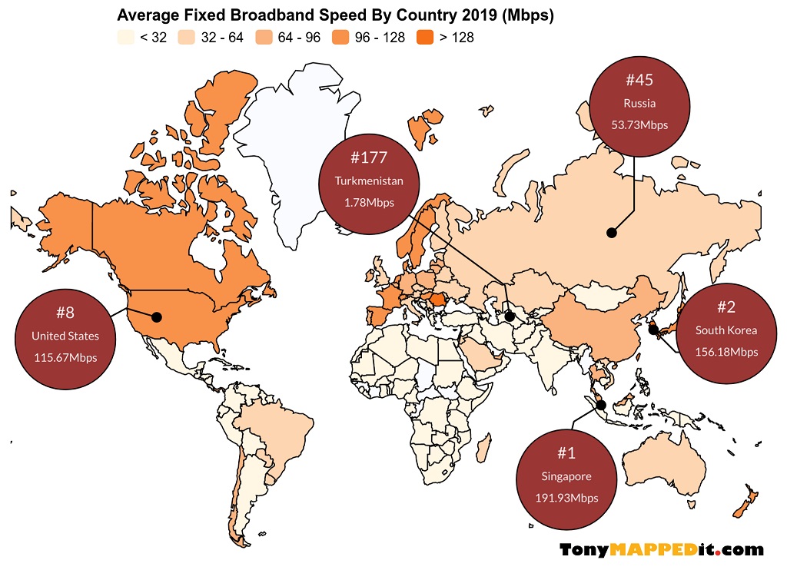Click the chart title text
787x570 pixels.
tap(335, 15)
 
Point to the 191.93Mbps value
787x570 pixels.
tap(566, 498)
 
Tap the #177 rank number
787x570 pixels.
tap(368, 158)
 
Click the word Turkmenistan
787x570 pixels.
tap(369, 181)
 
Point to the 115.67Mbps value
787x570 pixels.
tap(65, 357)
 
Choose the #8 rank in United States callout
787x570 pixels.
tap(65, 313)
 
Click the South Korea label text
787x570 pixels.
tap(726, 330)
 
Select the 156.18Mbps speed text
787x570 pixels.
tap(726, 352)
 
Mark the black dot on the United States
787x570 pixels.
tap(157, 316)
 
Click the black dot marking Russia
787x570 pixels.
tap(611, 232)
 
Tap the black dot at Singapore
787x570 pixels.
tap(601, 405)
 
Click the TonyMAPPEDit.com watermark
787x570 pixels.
tap(662, 549)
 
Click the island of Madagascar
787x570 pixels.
tap(483, 447)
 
